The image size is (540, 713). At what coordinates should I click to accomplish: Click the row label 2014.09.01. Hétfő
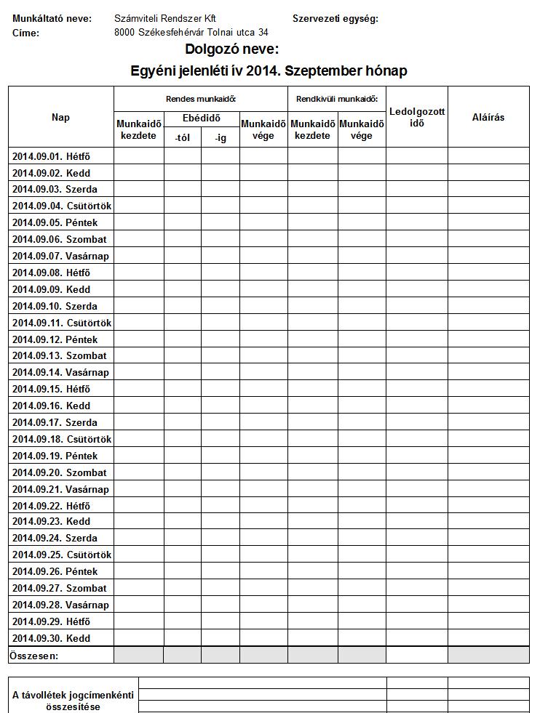52,156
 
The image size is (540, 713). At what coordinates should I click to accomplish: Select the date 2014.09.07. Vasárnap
60,256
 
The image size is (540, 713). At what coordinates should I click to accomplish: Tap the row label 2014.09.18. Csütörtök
62,439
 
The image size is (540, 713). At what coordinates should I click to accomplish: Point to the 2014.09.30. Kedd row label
52,638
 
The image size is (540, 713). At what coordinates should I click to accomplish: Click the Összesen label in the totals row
34,656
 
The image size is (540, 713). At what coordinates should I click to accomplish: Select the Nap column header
61,117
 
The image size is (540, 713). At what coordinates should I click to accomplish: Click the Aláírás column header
488,117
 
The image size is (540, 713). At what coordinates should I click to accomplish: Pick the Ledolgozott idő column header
417,117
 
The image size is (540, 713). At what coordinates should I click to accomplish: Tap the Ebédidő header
202,118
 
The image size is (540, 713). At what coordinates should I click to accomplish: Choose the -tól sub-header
183,137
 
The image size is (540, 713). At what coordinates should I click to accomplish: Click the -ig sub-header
221,137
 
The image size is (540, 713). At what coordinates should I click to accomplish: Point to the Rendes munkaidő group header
201,99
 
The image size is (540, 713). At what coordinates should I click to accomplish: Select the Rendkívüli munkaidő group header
337,99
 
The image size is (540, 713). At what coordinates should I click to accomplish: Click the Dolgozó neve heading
232,49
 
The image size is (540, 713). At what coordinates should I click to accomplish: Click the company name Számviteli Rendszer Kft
165,18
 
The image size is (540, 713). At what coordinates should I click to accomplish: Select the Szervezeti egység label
335,18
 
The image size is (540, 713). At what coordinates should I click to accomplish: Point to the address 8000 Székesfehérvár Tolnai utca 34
191,33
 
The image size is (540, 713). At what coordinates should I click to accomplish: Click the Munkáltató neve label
52,18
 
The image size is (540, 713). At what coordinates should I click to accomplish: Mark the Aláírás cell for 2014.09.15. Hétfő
488,389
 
